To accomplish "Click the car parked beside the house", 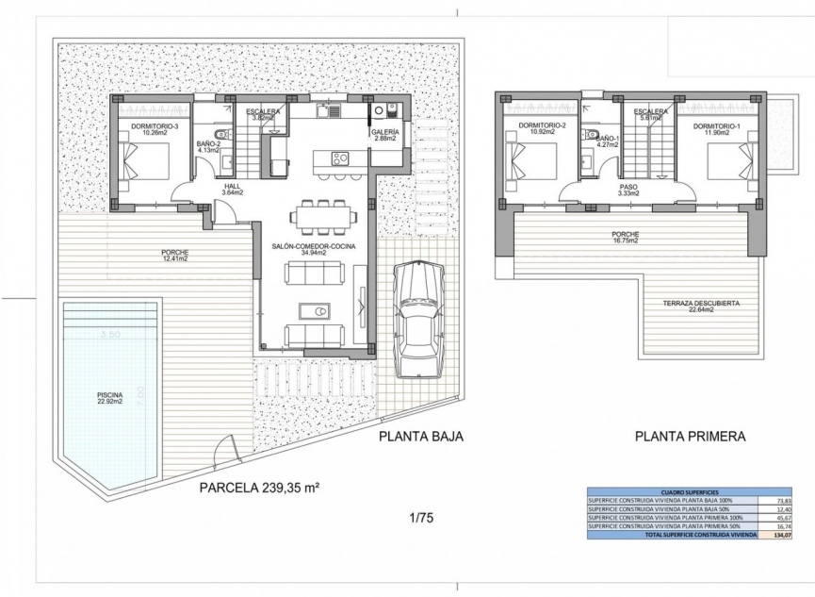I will point(417,319).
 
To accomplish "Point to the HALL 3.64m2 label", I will point(233,189).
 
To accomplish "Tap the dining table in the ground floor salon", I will point(323,217).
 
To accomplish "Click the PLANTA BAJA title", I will point(421,437).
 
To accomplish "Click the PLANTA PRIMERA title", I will point(690,437).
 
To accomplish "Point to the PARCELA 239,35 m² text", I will point(259,488).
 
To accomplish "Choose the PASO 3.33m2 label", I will point(628,191).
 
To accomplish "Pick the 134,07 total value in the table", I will point(781,535).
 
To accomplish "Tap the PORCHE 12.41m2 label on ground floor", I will point(175,256).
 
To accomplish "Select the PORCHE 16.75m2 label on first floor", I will point(624,237).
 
